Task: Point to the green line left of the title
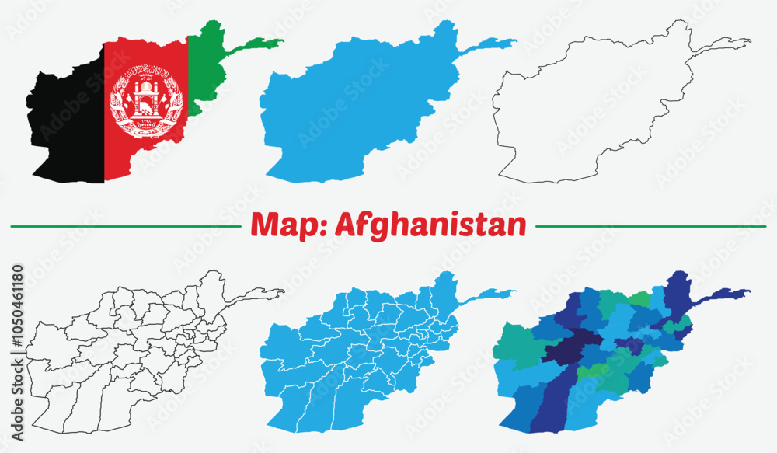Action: pyautogui.click(x=124, y=227)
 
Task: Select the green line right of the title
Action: pyautogui.click(x=653, y=227)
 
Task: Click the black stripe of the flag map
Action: pyautogui.click(x=70, y=132)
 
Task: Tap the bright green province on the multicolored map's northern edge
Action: pyautogui.click(x=639, y=298)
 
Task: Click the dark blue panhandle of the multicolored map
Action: pyautogui.click(x=723, y=295)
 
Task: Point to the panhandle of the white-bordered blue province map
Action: pyautogui.click(x=490, y=295)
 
